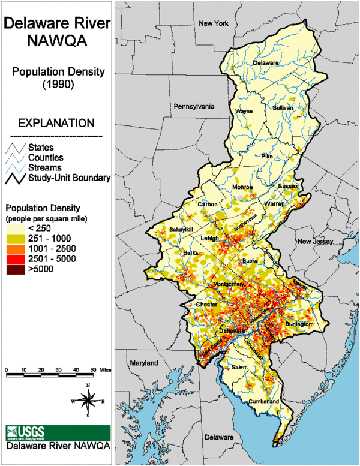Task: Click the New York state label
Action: click(x=214, y=23)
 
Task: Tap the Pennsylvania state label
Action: click(x=194, y=106)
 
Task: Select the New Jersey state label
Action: click(x=315, y=241)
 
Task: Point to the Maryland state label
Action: click(x=143, y=363)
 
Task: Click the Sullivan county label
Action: click(x=283, y=108)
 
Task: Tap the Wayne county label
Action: click(x=244, y=111)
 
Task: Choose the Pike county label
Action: click(x=267, y=156)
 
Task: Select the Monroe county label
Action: click(x=242, y=187)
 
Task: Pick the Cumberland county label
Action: click(x=265, y=401)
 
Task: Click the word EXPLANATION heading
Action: click(x=56, y=123)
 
